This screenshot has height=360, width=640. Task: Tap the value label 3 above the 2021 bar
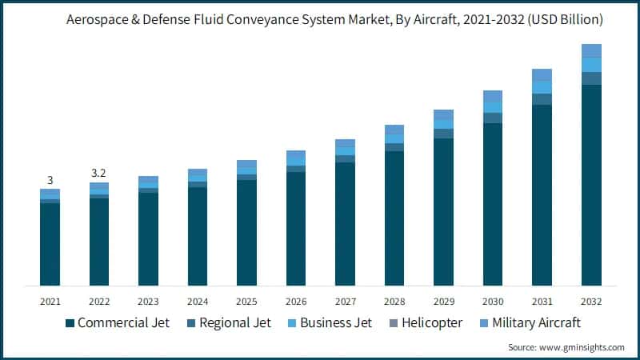[50, 180]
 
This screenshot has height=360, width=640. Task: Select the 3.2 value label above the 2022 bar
[99, 173]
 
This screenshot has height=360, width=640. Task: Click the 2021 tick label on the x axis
[50, 302]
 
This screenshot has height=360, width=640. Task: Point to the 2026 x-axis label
[296, 302]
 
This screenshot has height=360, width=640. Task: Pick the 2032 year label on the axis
[591, 302]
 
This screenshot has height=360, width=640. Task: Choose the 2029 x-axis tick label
[443, 302]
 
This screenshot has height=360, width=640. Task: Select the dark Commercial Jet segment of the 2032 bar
[591, 184]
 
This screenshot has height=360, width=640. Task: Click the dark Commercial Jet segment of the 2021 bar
[50, 244]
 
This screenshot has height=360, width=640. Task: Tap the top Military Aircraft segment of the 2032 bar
[591, 50]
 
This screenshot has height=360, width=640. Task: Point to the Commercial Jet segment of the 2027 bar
[345, 224]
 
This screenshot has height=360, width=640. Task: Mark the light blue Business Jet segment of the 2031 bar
[542, 87]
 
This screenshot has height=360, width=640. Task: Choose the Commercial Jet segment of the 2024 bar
[198, 236]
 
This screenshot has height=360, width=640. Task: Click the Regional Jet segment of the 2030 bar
[493, 118]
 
